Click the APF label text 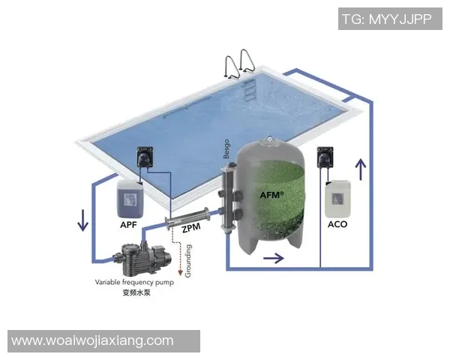(127, 223)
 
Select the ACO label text (337, 223)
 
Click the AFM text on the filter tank (271, 195)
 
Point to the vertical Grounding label (188, 261)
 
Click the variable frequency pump (139, 258)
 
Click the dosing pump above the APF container (144, 158)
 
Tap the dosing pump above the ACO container (325, 158)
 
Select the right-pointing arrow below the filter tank (274, 259)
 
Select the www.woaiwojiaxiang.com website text (93, 340)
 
